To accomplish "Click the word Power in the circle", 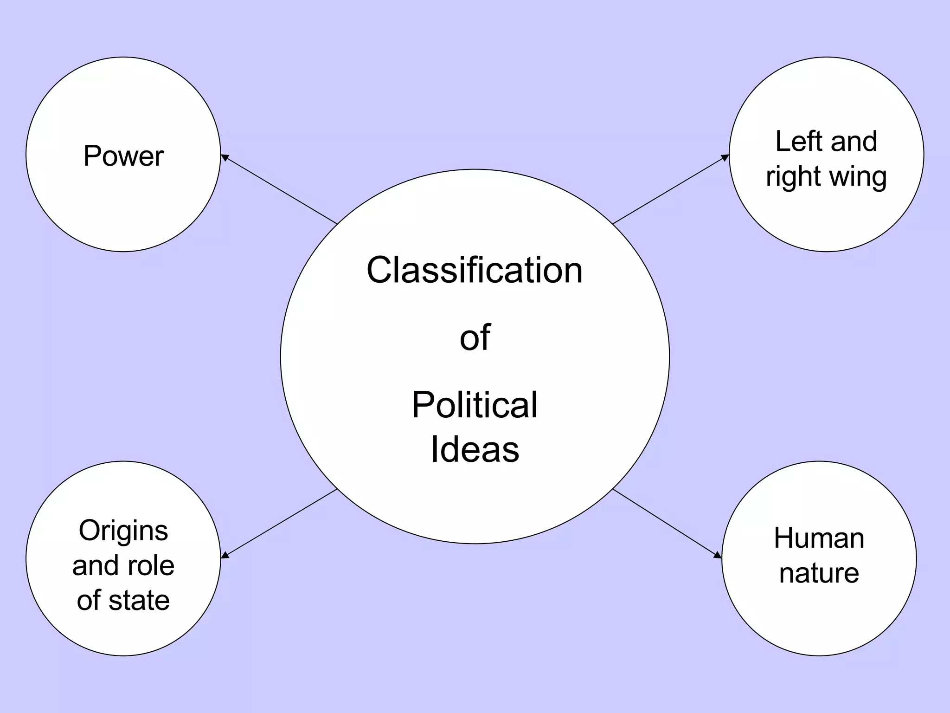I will coord(123,156).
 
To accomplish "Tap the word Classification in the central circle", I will coord(474,270).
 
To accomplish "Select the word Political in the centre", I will coord(474,405).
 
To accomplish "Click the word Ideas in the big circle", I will coord(475,449).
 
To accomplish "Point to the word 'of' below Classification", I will coord(475,337).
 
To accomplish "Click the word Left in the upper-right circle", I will coord(798,141).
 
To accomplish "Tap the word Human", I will coord(819,538).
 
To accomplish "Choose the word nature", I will coord(819,573).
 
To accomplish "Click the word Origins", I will coord(123,531).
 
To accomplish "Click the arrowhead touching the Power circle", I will coord(224,157).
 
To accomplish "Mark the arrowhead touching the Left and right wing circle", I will coord(725,158).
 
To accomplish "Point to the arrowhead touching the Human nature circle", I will coord(718,555).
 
